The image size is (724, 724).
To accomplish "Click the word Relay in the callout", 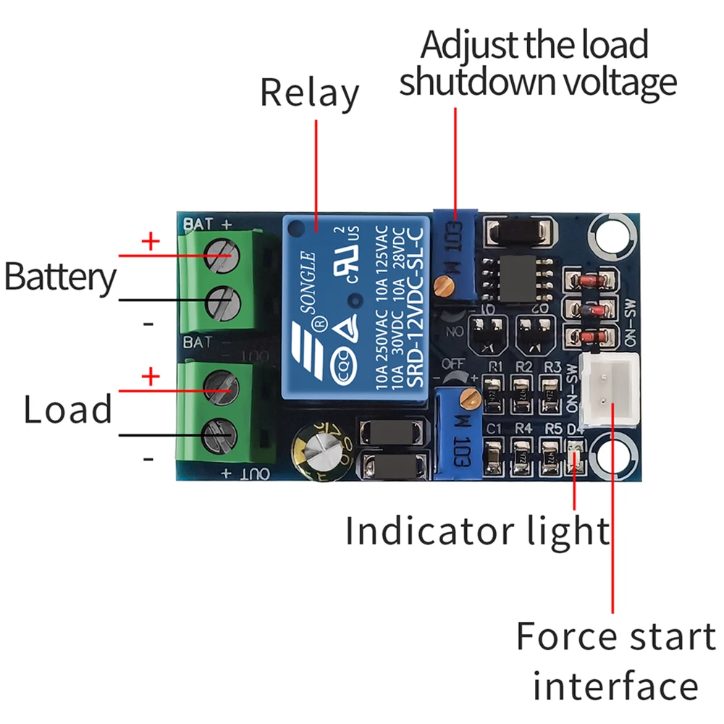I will tap(309, 94).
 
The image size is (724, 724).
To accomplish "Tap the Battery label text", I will tap(59, 277).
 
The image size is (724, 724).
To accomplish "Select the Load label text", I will tap(68, 410).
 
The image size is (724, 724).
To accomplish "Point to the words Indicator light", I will tap(477, 531).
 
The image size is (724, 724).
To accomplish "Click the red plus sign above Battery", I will tap(151, 241).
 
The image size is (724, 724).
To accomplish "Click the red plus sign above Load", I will tap(151, 376).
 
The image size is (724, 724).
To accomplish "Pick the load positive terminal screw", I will tap(221, 388).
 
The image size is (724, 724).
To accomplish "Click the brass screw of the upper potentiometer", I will tap(443, 287).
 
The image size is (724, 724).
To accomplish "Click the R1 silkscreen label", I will tap(496, 366).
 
